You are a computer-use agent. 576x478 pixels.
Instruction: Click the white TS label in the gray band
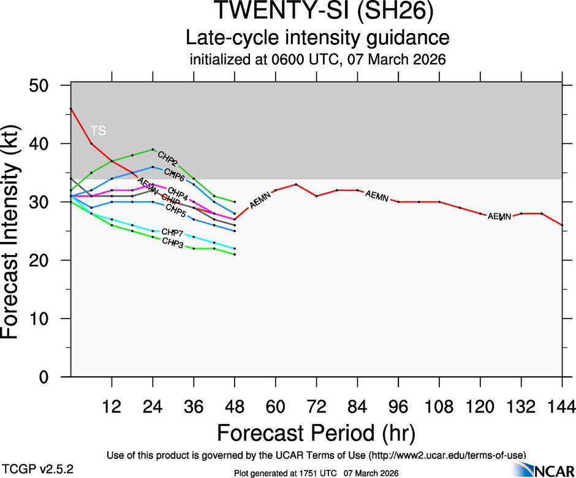[x=98, y=131]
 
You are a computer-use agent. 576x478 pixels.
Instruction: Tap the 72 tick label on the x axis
[x=316, y=406]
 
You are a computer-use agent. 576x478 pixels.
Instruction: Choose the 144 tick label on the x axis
[x=562, y=406]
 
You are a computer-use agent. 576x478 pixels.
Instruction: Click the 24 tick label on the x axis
[x=153, y=406]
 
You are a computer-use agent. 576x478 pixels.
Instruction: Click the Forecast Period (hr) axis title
[x=316, y=433]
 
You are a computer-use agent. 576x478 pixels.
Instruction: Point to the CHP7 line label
[x=172, y=233]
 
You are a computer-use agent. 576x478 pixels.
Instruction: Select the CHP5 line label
[x=176, y=212]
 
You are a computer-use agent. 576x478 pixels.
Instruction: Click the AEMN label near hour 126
[x=499, y=216]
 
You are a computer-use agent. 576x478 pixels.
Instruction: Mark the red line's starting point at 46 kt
[x=71, y=108]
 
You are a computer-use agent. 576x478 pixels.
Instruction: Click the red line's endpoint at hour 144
[x=562, y=225]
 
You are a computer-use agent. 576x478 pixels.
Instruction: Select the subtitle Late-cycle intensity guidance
[x=317, y=38]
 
